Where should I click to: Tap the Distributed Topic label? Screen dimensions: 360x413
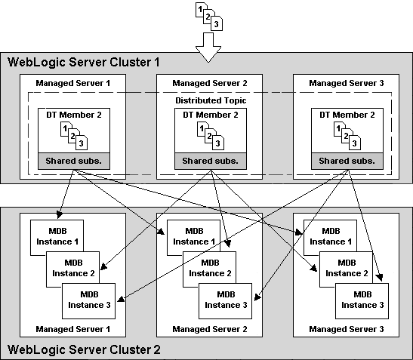210,100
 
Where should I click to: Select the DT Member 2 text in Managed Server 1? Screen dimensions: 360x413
73,114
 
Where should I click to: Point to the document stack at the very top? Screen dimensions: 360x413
208,16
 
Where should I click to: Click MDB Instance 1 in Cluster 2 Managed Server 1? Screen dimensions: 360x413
57,235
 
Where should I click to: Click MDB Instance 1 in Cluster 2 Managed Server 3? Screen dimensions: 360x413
330,235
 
